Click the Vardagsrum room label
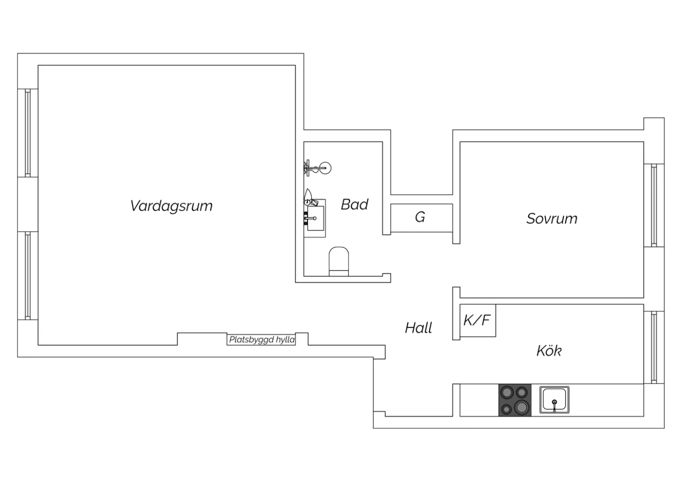171,206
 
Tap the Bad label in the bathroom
354,204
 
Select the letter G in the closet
420,217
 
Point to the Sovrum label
552,219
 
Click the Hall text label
418,328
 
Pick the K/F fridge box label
477,320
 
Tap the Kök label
549,351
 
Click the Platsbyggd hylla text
262,340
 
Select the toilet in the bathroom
339,261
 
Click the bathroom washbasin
315,218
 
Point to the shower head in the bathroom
326,168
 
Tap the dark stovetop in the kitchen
515,400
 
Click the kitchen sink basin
554,400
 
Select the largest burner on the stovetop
522,407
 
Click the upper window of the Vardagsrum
28,133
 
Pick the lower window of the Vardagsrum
28,276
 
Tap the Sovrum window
654,205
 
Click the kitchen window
654,347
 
